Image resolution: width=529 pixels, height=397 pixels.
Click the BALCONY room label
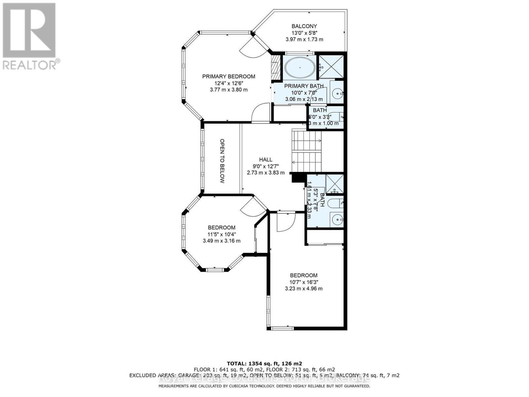(x=304, y=26)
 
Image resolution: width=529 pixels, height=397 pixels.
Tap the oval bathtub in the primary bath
(x=300, y=67)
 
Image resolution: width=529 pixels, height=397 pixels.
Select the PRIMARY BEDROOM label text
(x=228, y=76)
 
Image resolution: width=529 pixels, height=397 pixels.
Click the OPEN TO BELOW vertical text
(x=222, y=161)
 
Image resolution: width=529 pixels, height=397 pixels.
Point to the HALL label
(x=265, y=159)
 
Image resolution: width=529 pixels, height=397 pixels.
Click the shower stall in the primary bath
(x=331, y=67)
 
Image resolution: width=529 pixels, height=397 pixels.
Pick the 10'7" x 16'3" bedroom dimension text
(x=304, y=282)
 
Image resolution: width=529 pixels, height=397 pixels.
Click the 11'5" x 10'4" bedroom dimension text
(x=222, y=234)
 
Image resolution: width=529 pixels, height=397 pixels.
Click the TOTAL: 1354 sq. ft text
(x=264, y=363)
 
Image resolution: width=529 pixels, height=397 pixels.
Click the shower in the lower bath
(x=335, y=184)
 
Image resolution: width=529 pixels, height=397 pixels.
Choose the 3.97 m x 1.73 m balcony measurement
(x=304, y=39)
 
